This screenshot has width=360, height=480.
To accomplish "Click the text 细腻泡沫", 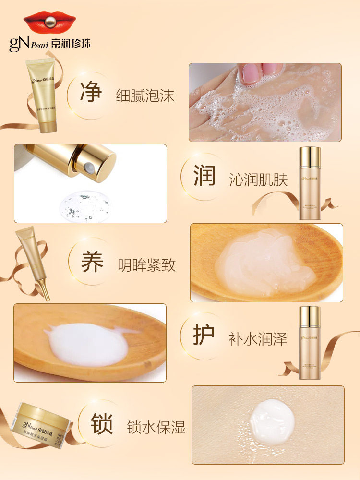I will pyautogui.click(x=145, y=96).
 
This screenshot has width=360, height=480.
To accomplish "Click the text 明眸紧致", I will pyautogui.click(x=147, y=265).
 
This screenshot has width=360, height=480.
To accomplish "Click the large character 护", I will pyautogui.click(x=204, y=336).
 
